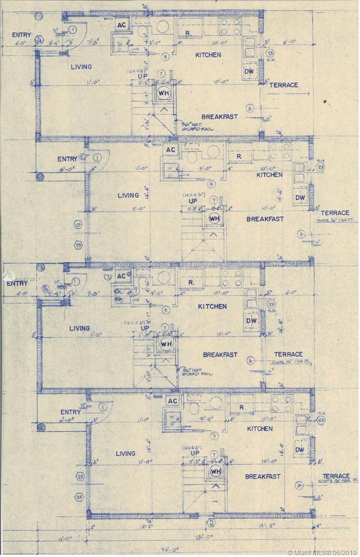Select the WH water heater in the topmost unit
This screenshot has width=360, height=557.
coord(164,92)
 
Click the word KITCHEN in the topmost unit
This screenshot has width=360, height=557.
coord(208,55)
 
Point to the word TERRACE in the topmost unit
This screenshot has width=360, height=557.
coord(283,85)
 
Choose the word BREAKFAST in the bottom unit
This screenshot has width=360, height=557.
coord(263,476)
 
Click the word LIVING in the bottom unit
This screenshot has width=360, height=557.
coord(125,453)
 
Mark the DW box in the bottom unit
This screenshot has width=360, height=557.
coord(300,449)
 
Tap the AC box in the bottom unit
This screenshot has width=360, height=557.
coord(173,401)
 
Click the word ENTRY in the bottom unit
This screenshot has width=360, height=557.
coord(71,412)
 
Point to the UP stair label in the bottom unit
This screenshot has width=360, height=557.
coord(195,453)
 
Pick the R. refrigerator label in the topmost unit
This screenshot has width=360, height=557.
coord(188,33)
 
